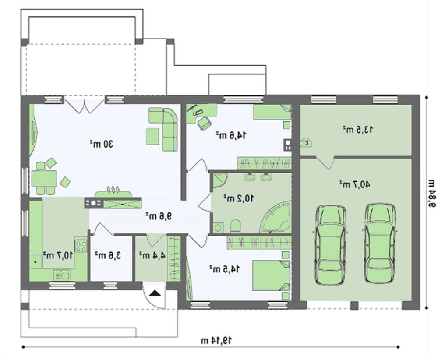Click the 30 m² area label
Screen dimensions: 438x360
[x=102, y=144]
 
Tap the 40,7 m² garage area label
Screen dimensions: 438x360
[x=354, y=184]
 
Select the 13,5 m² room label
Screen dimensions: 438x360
[x=358, y=130]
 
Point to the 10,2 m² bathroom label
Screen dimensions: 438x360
[x=239, y=198]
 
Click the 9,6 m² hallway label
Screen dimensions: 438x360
[x=159, y=216]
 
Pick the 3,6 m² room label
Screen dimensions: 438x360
[x=108, y=255]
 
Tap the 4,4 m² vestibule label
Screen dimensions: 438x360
[x=152, y=255]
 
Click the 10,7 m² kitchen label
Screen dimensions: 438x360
[x=58, y=255]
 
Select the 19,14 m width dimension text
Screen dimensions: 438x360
[x=216, y=340]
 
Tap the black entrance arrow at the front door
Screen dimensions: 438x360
[x=155, y=293]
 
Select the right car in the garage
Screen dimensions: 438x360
[x=380, y=244]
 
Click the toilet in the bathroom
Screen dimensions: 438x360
[x=236, y=226]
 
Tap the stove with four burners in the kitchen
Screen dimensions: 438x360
[x=81, y=245]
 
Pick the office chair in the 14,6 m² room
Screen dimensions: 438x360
[x=204, y=123]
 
